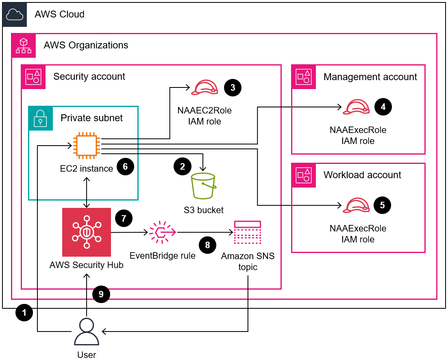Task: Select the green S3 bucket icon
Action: point(204,186)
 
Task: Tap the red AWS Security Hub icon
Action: point(87,232)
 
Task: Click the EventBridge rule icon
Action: point(162,233)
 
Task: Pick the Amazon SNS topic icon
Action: point(247,233)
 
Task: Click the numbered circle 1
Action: point(24,313)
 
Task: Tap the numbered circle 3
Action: point(233,87)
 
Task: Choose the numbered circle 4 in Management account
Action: point(382,107)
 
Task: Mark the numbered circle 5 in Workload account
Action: point(382,205)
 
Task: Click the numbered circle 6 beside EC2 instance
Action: point(125,167)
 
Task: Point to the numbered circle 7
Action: point(124,218)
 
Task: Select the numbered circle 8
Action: point(208,245)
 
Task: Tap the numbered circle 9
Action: point(101,294)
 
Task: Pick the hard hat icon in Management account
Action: point(356,107)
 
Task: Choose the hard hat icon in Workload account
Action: point(356,205)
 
